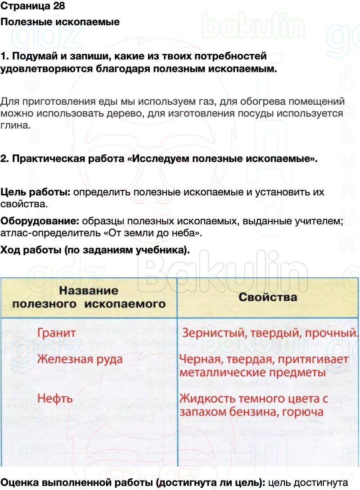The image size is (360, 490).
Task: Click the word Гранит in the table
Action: click(x=56, y=334)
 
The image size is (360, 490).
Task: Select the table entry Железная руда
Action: click(x=80, y=360)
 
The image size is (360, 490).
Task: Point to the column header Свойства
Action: click(x=268, y=297)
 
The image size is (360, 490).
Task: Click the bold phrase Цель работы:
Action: click(x=35, y=192)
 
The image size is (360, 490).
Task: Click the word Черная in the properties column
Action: click(x=199, y=360)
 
